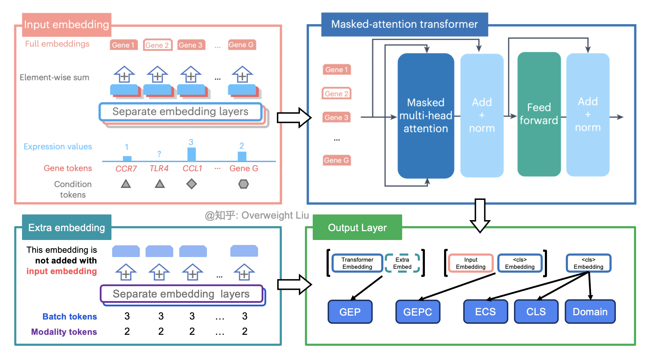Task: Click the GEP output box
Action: [350, 312]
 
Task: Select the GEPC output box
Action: [418, 312]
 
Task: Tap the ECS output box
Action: [485, 312]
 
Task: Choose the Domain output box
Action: [590, 312]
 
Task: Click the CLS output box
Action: [536, 312]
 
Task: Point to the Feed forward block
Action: [539, 114]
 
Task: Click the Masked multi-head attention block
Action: [426, 115]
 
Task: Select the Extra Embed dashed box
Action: [402, 263]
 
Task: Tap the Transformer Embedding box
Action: [357, 263]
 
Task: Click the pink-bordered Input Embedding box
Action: [471, 263]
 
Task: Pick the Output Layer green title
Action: [357, 228]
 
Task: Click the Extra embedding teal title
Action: [66, 228]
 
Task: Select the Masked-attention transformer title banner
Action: [404, 24]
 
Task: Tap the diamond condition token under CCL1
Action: [192, 184]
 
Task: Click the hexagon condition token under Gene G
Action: [244, 184]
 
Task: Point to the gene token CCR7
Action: [126, 169]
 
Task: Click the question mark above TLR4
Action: [159, 154]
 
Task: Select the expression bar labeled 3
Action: [191, 154]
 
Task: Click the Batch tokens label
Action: [70, 316]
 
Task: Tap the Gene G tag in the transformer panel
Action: [337, 160]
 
